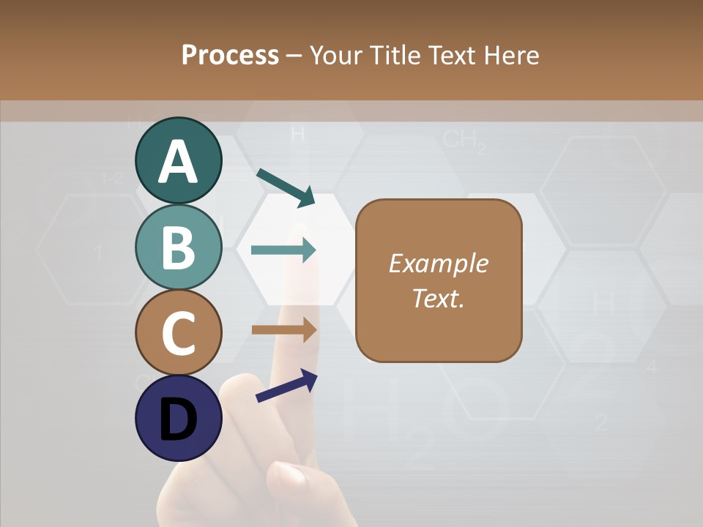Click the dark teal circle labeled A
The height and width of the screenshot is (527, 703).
(x=178, y=161)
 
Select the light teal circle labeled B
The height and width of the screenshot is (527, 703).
(x=178, y=247)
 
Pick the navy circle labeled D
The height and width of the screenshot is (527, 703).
(x=178, y=418)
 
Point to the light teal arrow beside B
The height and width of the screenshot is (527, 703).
(x=283, y=250)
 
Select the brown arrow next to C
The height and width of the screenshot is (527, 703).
(x=283, y=330)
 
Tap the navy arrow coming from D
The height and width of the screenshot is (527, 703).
(x=286, y=386)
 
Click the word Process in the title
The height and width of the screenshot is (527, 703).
(x=230, y=55)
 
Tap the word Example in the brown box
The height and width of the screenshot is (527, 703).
(x=438, y=263)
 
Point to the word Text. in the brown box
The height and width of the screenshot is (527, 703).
(x=438, y=298)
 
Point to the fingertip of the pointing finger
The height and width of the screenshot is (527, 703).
(x=307, y=268)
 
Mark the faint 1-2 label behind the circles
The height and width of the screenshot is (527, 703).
(x=112, y=177)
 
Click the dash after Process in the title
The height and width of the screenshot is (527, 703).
(x=294, y=55)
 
